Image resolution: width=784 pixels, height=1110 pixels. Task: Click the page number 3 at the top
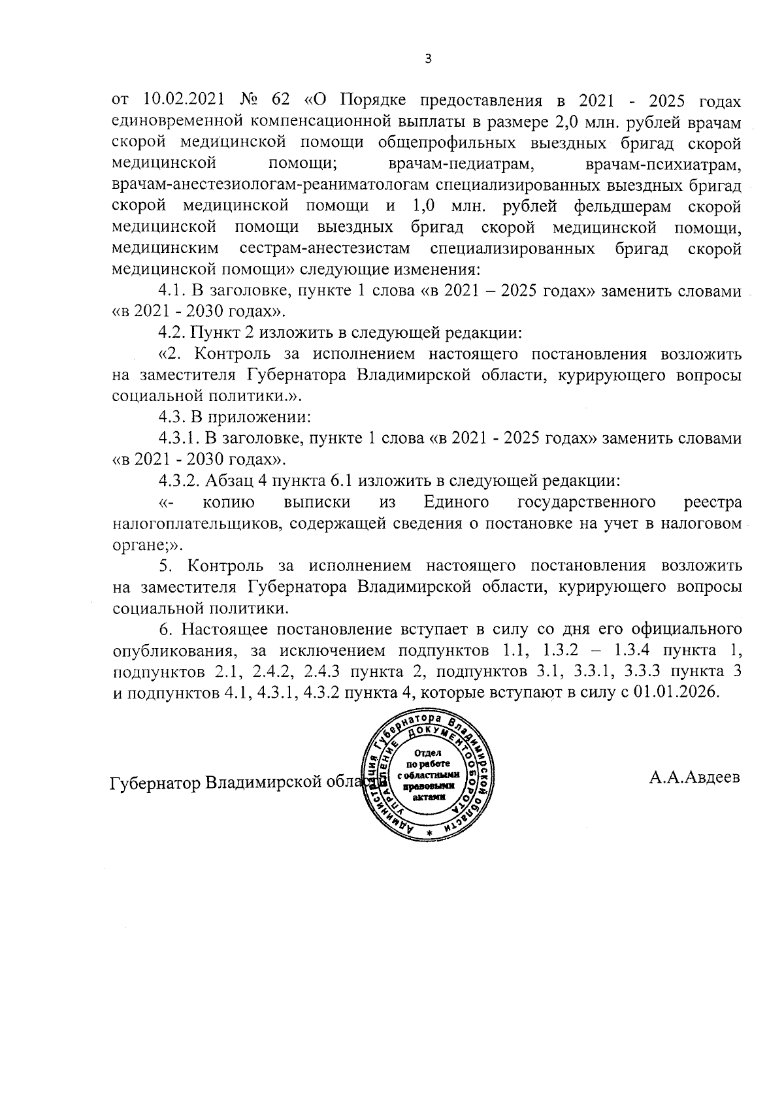(428, 59)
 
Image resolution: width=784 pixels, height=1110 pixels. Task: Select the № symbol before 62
(251, 101)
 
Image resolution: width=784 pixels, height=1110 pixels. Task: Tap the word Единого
(457, 502)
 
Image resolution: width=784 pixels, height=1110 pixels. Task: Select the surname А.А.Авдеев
(694, 778)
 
